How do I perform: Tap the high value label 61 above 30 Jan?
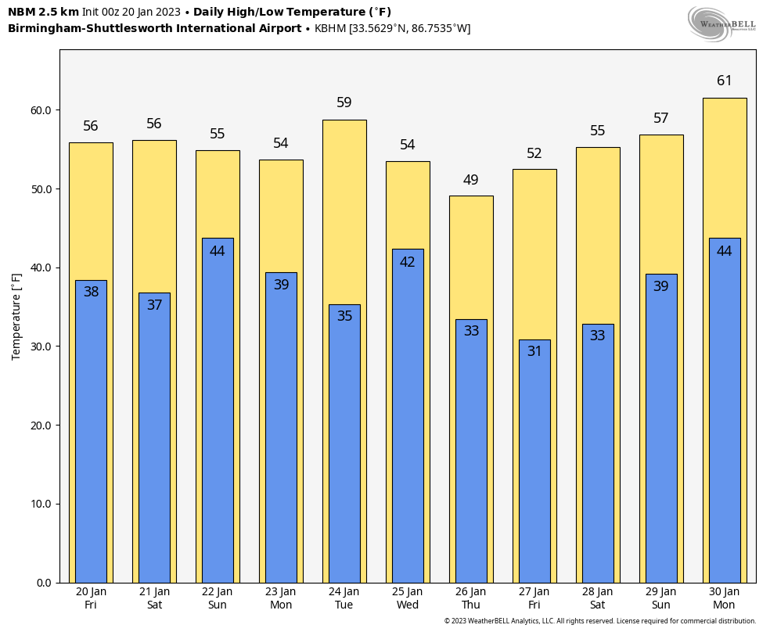pyautogui.click(x=725, y=81)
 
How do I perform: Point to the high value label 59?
pyautogui.click(x=344, y=102)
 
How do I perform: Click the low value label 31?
pyautogui.click(x=534, y=351)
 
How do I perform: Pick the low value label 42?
pyautogui.click(x=408, y=262)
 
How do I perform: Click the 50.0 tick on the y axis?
pyautogui.click(x=41, y=189)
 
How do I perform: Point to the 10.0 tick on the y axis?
pyautogui.click(x=41, y=504)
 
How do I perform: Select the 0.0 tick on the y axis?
pyautogui.click(x=43, y=583)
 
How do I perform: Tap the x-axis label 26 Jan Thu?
pyautogui.click(x=471, y=598)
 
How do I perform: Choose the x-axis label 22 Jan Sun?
pyautogui.click(x=218, y=598)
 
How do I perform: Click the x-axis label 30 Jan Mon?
pyautogui.click(x=725, y=598)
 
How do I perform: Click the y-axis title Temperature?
pyautogui.click(x=16, y=316)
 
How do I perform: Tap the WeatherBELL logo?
pyautogui.click(x=721, y=23)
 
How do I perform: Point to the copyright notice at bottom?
pyautogui.click(x=599, y=621)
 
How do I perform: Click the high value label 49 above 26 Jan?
pyautogui.click(x=471, y=180)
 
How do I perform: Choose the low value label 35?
pyautogui.click(x=344, y=316)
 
